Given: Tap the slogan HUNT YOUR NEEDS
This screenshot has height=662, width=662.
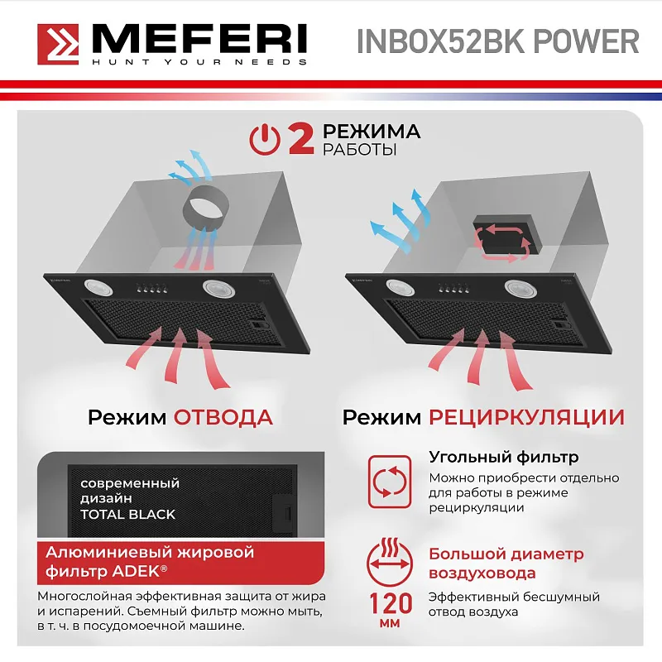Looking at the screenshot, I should (x=199, y=62).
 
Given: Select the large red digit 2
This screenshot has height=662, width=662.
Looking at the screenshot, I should (x=300, y=139).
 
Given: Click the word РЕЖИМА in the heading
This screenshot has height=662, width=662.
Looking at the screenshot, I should (x=371, y=132).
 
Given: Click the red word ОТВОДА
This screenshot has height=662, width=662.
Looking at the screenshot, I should (x=223, y=416).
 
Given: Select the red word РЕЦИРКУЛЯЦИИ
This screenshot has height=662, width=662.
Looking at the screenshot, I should (x=526, y=416).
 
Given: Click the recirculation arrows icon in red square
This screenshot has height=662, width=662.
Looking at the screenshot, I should (x=388, y=481).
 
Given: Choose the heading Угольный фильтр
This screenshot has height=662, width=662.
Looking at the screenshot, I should (x=503, y=458).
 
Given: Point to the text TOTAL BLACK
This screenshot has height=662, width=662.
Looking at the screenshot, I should (x=127, y=514).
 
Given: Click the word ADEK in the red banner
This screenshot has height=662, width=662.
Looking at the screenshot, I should (x=138, y=570).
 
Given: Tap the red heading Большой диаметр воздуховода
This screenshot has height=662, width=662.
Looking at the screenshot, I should (x=506, y=564).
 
